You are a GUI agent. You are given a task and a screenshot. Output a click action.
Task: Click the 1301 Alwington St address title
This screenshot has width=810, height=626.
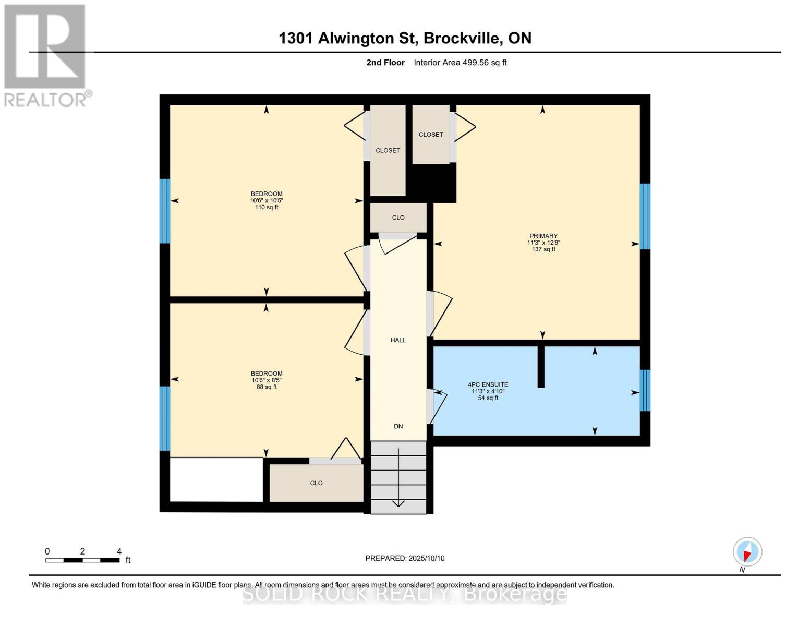pyautogui.click(x=405, y=38)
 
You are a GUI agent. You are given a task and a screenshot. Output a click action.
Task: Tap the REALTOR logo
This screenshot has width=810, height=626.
pyautogui.click(x=46, y=55)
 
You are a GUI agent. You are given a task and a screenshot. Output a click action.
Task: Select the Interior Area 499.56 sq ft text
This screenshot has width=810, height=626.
pyautogui.click(x=460, y=63)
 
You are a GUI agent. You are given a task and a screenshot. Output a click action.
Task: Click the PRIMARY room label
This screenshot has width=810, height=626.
pyautogui.click(x=543, y=236)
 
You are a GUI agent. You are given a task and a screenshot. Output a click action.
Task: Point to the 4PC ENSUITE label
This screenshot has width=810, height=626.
pyautogui.click(x=488, y=384)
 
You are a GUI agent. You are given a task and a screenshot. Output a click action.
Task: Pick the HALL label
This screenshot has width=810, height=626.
pyautogui.click(x=398, y=340)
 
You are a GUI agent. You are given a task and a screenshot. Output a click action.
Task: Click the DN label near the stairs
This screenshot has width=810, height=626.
pyautogui.click(x=398, y=426)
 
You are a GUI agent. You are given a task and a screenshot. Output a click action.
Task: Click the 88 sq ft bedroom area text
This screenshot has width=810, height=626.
pyautogui.click(x=267, y=387)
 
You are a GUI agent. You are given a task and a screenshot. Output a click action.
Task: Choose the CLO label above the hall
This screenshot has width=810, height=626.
pyautogui.click(x=398, y=218)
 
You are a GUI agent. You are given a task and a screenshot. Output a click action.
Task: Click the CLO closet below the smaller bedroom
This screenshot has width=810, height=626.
pyautogui.click(x=316, y=483)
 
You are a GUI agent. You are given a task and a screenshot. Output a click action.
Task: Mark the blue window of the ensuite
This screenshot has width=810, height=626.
pyautogui.click(x=645, y=390)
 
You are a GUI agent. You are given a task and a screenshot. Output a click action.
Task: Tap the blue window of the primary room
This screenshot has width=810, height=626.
pyautogui.click(x=645, y=216)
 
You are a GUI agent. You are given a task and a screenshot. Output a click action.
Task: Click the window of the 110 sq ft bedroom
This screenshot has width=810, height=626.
pyautogui.click(x=165, y=211)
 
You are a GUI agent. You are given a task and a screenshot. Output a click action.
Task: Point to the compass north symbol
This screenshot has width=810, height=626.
pyautogui.click(x=747, y=552)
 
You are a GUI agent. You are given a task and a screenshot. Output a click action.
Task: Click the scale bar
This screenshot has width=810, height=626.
pyautogui.click(x=82, y=560)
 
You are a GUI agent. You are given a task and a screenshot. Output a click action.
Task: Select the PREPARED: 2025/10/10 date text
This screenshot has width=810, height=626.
pyautogui.click(x=405, y=558)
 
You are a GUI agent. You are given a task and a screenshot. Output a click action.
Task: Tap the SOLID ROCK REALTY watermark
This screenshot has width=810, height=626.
pyautogui.click(x=405, y=594)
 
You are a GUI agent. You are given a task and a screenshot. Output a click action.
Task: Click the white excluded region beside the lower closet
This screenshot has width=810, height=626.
pyautogui.click(x=216, y=479)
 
